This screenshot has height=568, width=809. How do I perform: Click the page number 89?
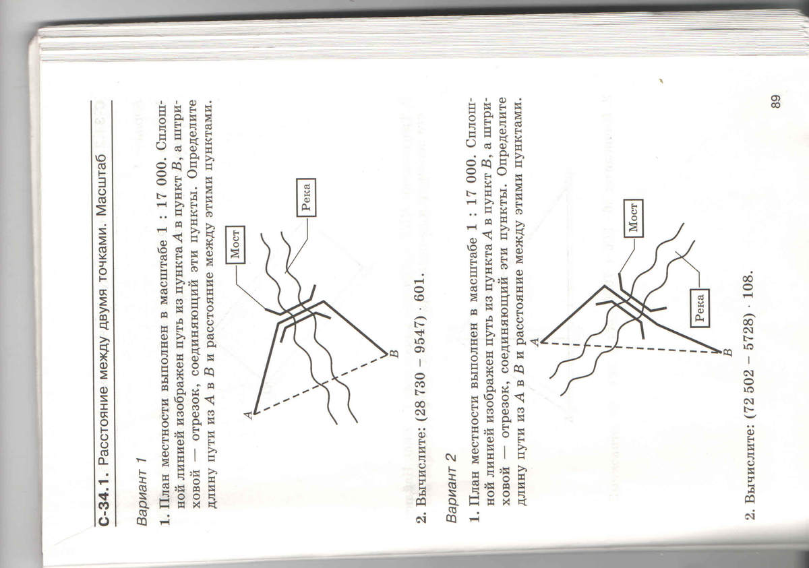coord(775,101)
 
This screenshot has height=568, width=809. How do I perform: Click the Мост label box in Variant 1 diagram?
coord(235,245)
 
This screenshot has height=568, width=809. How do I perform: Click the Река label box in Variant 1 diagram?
coord(306,197)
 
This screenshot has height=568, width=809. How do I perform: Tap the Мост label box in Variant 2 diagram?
coord(634,218)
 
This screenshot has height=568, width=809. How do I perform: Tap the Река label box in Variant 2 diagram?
coord(700,308)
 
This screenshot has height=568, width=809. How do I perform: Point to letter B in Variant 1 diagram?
coord(395,353)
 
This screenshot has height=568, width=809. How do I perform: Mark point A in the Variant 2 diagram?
coord(541,342)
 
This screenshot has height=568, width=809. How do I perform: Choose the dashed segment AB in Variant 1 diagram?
coord(320,384)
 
